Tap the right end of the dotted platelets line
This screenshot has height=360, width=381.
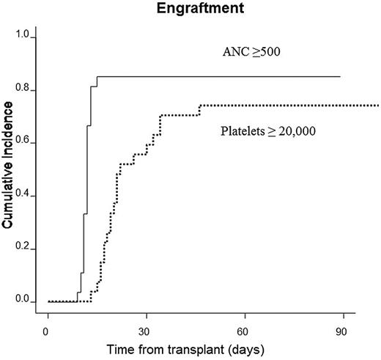coord(379,106)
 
